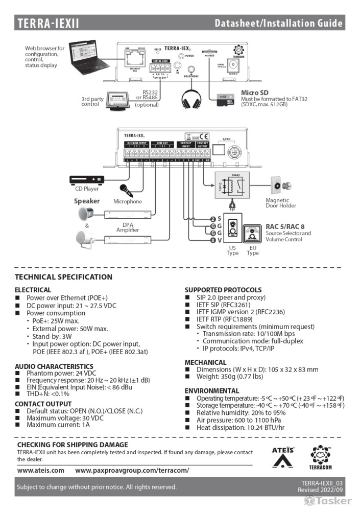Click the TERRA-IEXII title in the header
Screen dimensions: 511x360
coord(49,23)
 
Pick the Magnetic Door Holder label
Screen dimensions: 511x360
coord(277,203)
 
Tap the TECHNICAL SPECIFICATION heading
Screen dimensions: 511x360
coord(63,277)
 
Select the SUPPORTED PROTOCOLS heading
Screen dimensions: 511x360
coord(222,290)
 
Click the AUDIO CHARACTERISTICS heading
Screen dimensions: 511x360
coord(54,366)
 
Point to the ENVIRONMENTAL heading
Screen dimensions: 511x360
coord(212,390)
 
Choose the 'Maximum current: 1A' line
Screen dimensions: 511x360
coord(58,425)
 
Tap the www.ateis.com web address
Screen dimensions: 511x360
coord(41,470)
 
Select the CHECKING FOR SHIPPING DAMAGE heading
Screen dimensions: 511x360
coord(73,445)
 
